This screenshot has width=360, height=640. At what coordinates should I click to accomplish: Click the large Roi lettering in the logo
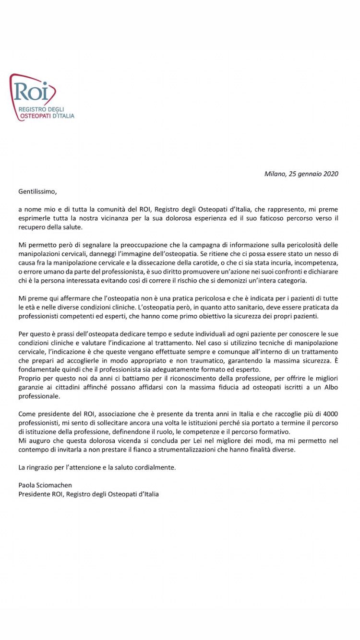coord(31,92)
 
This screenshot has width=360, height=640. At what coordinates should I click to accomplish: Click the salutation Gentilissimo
coord(37,191)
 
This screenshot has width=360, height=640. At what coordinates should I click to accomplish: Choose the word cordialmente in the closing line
coord(157,467)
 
